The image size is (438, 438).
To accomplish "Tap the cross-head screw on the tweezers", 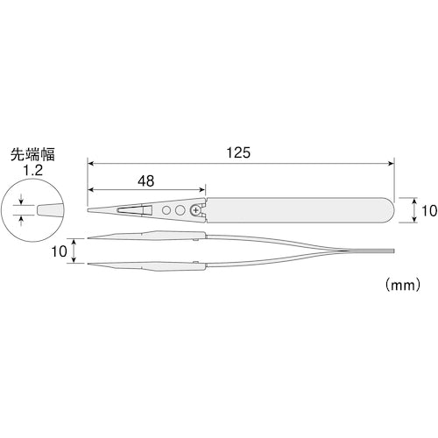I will pos(194,211).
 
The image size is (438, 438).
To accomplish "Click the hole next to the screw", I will pos(180,211).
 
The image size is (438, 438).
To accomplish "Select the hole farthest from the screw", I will pos(166,211).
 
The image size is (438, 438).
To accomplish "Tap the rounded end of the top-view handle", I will pos(386,211).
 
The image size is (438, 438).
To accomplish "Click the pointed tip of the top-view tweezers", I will pos(90,211).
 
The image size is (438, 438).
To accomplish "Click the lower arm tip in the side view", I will pos(90,265).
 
